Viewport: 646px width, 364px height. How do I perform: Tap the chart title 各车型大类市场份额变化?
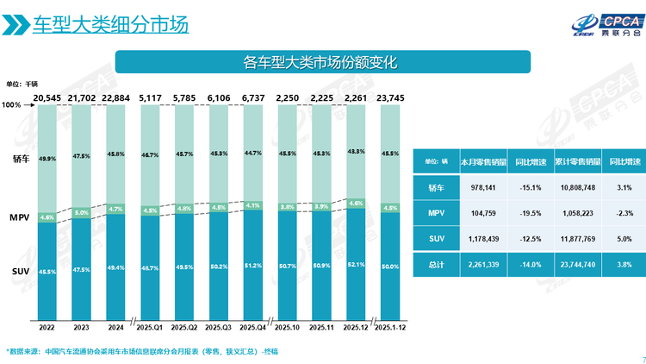pos(322,61)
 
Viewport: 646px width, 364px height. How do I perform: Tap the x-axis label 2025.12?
pos(357,328)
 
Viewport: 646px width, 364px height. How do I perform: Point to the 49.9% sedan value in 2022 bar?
pos(47,159)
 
